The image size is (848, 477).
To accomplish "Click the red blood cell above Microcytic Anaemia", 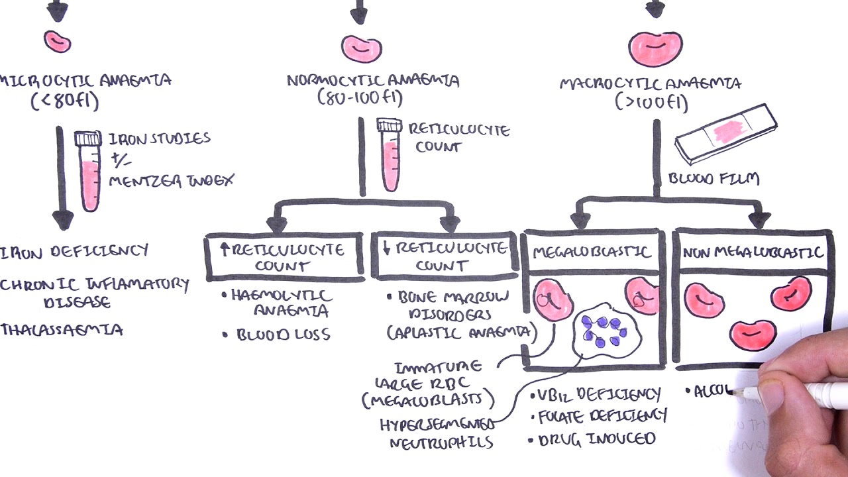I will coord(58,41).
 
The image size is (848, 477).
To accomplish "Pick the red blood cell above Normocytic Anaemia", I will coord(362,48).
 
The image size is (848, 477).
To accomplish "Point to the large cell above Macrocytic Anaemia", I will coord(655,49).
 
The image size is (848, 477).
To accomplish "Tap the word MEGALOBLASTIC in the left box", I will coord(592,253).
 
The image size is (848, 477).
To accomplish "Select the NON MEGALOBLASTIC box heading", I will coord(753,252).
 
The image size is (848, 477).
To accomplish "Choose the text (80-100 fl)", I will coord(360,99).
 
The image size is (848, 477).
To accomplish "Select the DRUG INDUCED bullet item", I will coord(596,439).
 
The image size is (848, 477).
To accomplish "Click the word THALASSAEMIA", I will coord(62,329).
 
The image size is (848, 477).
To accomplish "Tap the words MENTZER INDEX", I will coord(171,180).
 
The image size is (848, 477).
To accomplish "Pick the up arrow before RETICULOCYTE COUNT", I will coord(224,250).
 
